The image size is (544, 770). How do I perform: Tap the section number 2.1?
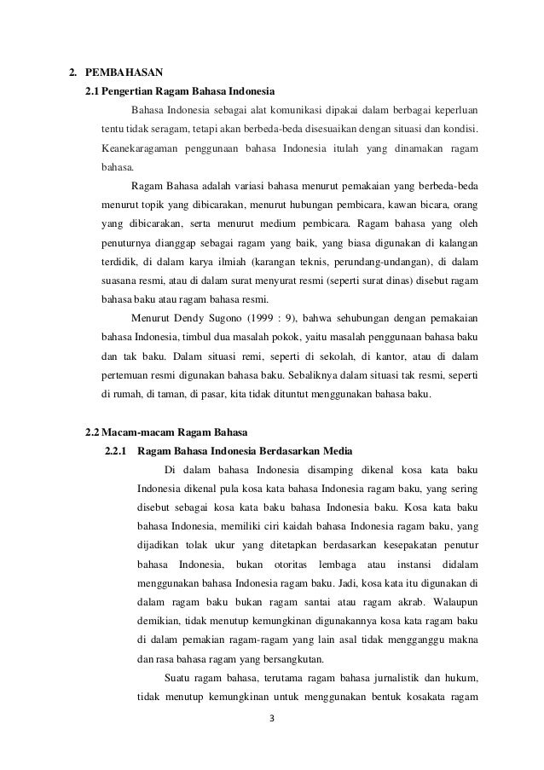96,90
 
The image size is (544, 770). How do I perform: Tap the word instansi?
412,565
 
